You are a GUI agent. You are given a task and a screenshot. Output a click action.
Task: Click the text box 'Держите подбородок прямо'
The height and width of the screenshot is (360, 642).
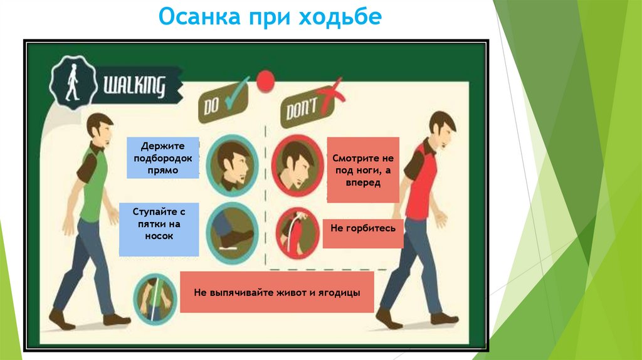tap(163, 157)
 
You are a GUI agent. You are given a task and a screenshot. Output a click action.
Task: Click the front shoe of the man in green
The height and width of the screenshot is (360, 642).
tap(117, 319)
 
